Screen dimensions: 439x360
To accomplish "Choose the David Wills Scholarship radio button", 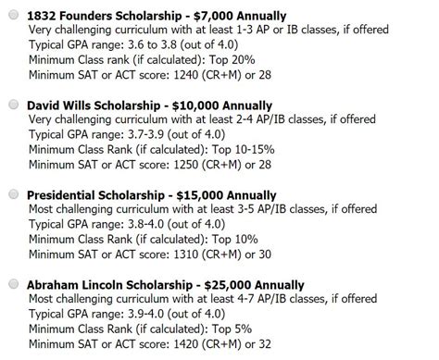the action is point(12,106).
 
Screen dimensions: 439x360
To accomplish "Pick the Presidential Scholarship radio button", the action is point(12,195).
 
